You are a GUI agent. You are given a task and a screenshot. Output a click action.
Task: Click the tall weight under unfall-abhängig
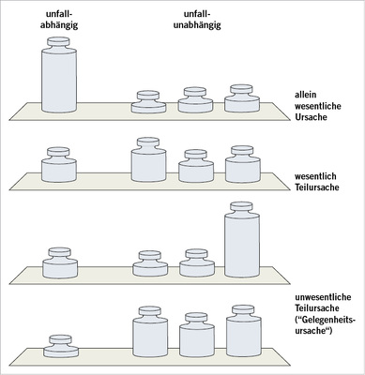click(x=59, y=75)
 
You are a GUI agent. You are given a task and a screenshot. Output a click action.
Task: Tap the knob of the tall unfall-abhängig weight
click(x=58, y=41)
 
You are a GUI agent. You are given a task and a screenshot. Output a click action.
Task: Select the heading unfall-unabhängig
click(x=197, y=20)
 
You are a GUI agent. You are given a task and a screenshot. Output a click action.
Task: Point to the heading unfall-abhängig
click(x=59, y=20)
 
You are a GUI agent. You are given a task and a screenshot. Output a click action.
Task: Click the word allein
click(x=306, y=95)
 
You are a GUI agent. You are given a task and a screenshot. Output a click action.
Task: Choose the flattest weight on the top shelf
click(x=148, y=102)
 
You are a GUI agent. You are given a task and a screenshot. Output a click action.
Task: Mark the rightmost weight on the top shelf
click(x=242, y=98)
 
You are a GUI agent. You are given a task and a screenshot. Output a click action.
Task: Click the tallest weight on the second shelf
click(x=148, y=159)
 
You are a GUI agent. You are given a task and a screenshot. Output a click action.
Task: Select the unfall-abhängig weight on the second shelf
click(x=59, y=165)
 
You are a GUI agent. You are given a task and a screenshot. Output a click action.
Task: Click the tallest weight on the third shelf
click(x=242, y=240)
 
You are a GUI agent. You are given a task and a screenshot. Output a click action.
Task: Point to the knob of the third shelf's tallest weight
click(x=241, y=206)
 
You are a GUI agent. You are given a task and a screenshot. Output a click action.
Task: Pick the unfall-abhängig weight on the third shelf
click(x=60, y=262)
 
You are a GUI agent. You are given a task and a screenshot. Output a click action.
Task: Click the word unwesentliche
click(x=323, y=297)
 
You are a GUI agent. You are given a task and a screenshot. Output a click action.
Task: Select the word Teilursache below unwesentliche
click(x=317, y=308)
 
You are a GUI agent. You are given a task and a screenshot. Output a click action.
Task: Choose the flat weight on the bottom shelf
click(x=61, y=346)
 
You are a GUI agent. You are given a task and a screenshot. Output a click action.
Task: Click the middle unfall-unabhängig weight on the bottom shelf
click(x=197, y=335)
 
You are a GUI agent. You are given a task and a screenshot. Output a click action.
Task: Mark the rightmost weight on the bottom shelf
click(x=244, y=331)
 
